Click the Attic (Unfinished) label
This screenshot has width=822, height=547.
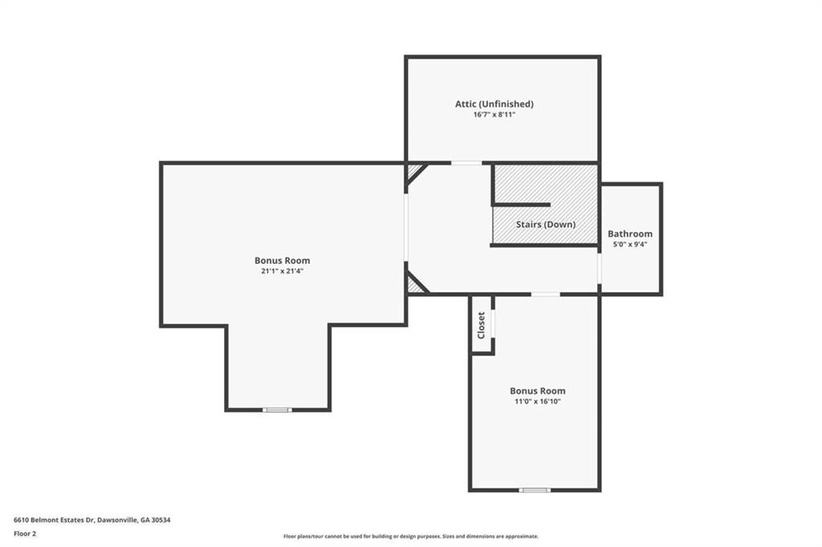pyautogui.click(x=494, y=103)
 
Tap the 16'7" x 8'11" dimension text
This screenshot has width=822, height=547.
pyautogui.click(x=494, y=115)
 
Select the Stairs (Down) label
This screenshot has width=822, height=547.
pyautogui.click(x=546, y=225)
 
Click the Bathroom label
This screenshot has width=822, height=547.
pyautogui.click(x=630, y=234)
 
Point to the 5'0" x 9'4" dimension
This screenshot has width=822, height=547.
pyautogui.click(x=630, y=245)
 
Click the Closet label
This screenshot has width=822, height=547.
pyautogui.click(x=482, y=325)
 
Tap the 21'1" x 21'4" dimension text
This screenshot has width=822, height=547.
pyautogui.click(x=282, y=271)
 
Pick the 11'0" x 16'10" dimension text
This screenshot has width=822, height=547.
pyautogui.click(x=537, y=401)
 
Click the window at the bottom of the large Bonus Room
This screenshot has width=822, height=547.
pyautogui.click(x=278, y=410)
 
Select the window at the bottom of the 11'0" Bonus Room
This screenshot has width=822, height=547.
pyautogui.click(x=535, y=489)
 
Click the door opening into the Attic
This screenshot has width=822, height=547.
pyautogui.click(x=466, y=163)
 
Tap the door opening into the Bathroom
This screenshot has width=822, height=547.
pyautogui.click(x=600, y=269)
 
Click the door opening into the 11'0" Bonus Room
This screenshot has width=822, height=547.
pyautogui.click(x=546, y=294)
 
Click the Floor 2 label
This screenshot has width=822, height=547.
pyautogui.click(x=25, y=533)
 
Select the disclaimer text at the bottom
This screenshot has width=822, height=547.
pyautogui.click(x=410, y=537)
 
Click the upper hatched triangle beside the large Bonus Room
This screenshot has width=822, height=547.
pyautogui.click(x=414, y=172)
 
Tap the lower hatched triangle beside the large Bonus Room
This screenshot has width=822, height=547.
pyautogui.click(x=414, y=284)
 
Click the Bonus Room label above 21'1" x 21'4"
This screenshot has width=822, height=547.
pyautogui.click(x=282, y=260)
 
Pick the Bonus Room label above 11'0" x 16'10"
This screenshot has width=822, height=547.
pyautogui.click(x=537, y=391)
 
